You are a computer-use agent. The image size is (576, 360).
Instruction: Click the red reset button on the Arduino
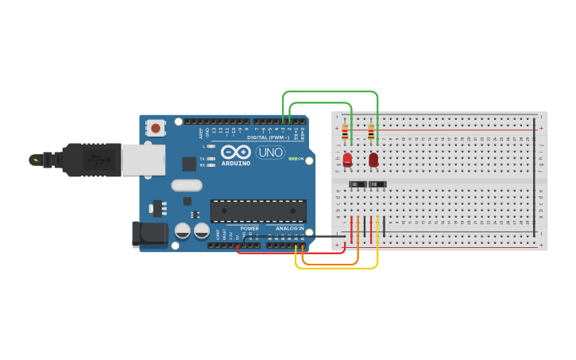click(x=156, y=127)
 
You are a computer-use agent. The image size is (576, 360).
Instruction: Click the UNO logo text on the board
click(x=270, y=152)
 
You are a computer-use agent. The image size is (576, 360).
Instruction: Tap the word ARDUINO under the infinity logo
click(x=236, y=164)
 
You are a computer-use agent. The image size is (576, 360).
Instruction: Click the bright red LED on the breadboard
click(x=347, y=159)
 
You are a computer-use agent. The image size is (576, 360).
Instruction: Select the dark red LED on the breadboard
click(x=373, y=160)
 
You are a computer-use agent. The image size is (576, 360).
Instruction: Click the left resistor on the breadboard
click(x=345, y=134)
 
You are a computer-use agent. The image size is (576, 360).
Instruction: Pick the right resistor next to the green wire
click(x=371, y=133)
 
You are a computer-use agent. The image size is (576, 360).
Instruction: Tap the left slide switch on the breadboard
click(x=358, y=184)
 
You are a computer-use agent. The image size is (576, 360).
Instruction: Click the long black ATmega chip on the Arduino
click(x=258, y=211)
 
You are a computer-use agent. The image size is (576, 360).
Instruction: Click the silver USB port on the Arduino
click(x=143, y=159)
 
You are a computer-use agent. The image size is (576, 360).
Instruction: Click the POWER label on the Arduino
click(x=249, y=229)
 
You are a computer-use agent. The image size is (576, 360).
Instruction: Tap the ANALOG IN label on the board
click(x=289, y=229)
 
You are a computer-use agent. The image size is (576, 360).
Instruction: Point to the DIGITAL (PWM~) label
click(x=269, y=137)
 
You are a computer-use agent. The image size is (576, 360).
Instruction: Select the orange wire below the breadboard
click(x=334, y=263)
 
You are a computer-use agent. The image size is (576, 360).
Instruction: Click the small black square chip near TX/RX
click(x=189, y=164)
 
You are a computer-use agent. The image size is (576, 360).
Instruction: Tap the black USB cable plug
click(x=91, y=159)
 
